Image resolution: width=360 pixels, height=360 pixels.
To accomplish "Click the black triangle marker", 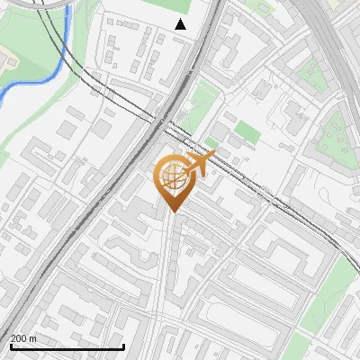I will (x=181, y=24).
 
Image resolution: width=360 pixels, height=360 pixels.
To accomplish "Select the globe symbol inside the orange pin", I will (x=172, y=177).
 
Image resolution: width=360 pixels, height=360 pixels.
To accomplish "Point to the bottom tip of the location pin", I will (x=172, y=211).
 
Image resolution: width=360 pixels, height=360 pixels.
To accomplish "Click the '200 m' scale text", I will (x=23, y=338).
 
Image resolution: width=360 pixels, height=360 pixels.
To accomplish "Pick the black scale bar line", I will (x=67, y=346).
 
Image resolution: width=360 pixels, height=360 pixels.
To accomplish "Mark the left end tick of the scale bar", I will (x=11, y=345).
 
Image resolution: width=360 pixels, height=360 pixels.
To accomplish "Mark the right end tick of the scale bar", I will (x=123, y=345).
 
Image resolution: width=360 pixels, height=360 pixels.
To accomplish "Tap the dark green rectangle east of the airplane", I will (x=247, y=133).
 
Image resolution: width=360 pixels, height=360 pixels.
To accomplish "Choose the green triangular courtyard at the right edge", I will (x=335, y=135).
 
